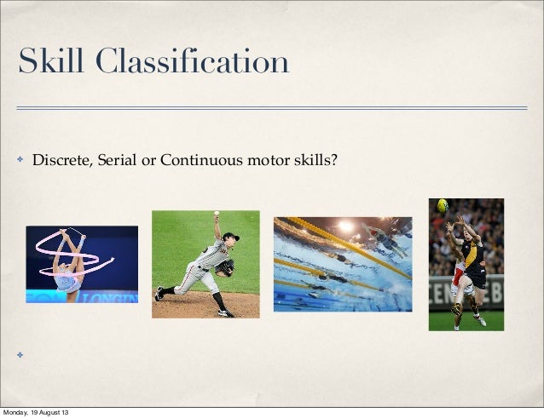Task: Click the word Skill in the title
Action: point(52,62)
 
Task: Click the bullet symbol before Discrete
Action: point(18,157)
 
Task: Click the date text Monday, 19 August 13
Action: point(37,413)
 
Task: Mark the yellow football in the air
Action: point(443,205)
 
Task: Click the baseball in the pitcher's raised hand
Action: point(217,214)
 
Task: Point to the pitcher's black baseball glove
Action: point(225,267)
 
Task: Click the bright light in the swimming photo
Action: point(345,226)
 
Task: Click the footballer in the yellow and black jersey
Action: point(473,264)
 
